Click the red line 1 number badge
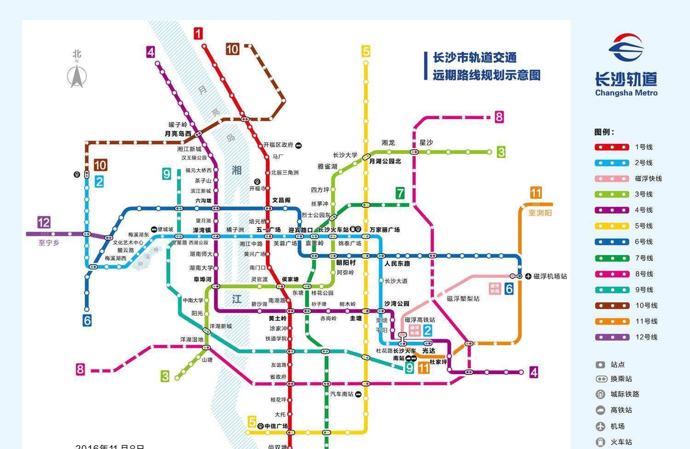(x=198, y=34)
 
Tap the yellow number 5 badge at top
(x=366, y=51)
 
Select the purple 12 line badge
(x=44, y=223)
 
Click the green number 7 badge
(x=400, y=193)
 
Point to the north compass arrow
(x=77, y=76)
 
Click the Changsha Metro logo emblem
(x=626, y=47)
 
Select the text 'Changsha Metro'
(x=626, y=93)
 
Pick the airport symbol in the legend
(x=600, y=426)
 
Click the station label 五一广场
(x=268, y=230)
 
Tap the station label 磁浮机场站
(x=550, y=276)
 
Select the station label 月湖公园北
(x=385, y=161)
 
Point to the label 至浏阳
(x=540, y=213)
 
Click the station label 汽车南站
(x=342, y=394)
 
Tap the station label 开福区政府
(x=278, y=145)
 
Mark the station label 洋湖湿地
(x=191, y=340)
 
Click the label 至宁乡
(x=49, y=243)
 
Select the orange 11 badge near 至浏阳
(x=535, y=193)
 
